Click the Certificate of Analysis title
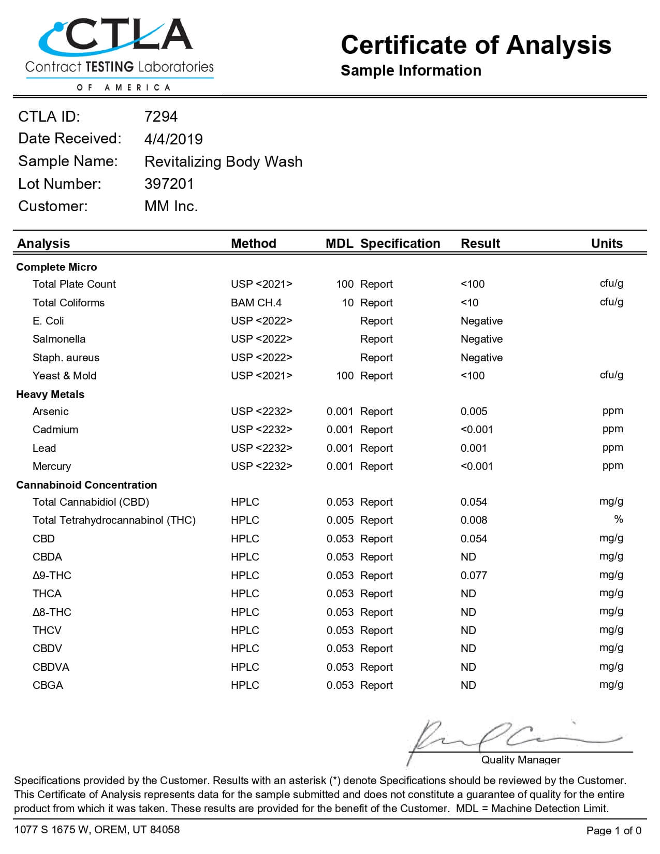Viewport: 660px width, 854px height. point(476,45)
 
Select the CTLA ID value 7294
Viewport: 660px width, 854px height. point(160,116)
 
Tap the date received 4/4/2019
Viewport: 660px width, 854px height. point(173,139)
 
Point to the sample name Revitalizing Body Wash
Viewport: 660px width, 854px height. point(223,161)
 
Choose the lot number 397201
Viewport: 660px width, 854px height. point(169,184)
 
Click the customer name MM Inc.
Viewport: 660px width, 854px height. point(171,206)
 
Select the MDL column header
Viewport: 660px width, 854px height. point(339,243)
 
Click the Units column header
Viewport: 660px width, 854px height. point(607,243)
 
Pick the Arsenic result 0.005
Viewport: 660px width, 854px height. point(474,411)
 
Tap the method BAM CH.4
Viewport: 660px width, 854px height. point(256,303)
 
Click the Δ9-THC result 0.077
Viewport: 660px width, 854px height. point(474,576)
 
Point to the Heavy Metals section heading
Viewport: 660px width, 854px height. point(50,394)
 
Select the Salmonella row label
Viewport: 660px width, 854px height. point(59,339)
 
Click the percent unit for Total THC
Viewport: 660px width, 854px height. point(618,519)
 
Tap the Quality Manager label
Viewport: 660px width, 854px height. point(521,760)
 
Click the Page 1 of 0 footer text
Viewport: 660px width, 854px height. point(613,831)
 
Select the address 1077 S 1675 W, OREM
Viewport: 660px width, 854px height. point(97,830)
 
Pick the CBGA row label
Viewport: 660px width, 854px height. point(48,685)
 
